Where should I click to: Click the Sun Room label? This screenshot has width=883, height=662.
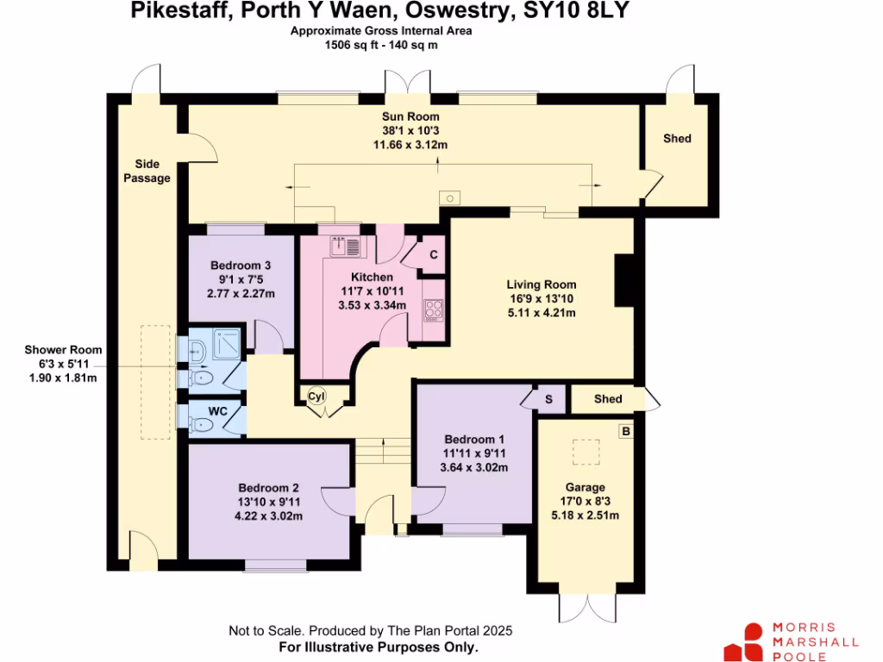pos(411,116)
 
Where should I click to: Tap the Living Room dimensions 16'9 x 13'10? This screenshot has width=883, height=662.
pos(541,298)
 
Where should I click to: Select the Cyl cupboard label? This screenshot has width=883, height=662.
pos(316,396)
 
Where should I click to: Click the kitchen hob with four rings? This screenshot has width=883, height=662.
pos(433,309)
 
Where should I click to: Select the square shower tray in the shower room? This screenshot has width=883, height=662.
pos(227,346)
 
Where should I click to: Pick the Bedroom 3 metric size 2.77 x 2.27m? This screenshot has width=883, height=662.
pos(241,293)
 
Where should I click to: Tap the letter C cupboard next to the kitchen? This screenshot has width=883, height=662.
pos(434,254)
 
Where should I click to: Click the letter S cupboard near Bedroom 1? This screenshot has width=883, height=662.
pos(548,399)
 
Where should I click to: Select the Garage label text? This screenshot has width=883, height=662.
pos(586,487)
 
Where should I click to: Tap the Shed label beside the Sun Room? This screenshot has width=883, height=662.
pos(677,138)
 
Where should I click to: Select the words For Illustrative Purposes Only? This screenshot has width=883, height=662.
pos(379,646)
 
